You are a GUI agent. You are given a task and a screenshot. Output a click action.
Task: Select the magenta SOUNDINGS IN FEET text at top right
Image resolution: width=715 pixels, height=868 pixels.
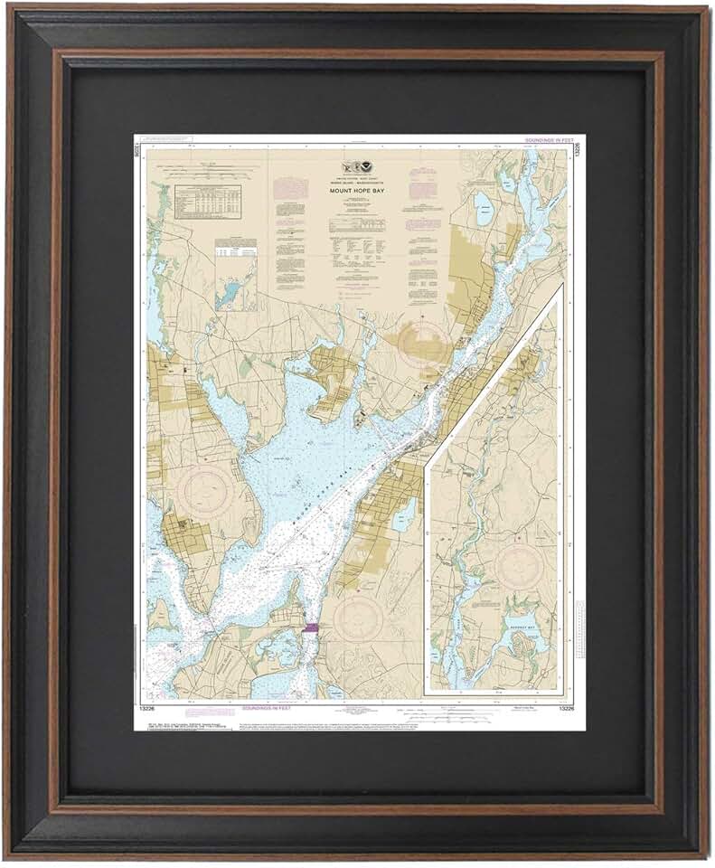pos(549,141)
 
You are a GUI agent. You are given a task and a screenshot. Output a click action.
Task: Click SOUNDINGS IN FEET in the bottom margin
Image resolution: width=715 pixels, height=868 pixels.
pos(268,708)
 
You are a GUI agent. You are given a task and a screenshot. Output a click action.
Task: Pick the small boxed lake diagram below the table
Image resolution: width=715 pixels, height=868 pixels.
pos(235,275)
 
